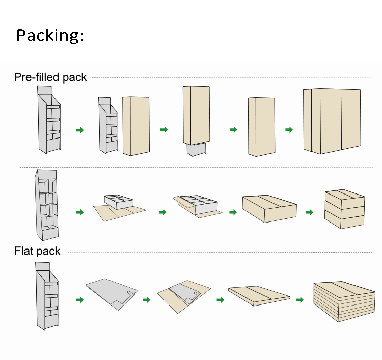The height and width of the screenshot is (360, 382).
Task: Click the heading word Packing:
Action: [x=49, y=35]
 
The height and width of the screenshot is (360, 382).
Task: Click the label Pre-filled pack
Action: [x=50, y=77]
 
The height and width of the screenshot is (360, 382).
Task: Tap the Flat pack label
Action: [x=37, y=251]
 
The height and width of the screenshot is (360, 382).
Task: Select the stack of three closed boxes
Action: [x=344, y=209]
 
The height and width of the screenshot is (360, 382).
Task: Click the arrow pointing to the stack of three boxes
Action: [x=309, y=212]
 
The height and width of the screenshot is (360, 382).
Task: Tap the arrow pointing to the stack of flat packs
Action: [x=300, y=300]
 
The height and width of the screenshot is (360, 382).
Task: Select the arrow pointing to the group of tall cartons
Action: [x=289, y=130]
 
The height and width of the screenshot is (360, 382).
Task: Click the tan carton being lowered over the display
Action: [x=196, y=115]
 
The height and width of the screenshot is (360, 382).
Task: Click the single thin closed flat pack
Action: [x=258, y=294]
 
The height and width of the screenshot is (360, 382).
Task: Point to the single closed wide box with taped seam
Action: [x=268, y=208]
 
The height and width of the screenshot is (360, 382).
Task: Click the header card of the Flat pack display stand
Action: [x=42, y=267]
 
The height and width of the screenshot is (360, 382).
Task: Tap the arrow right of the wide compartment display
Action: [x=79, y=212]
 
